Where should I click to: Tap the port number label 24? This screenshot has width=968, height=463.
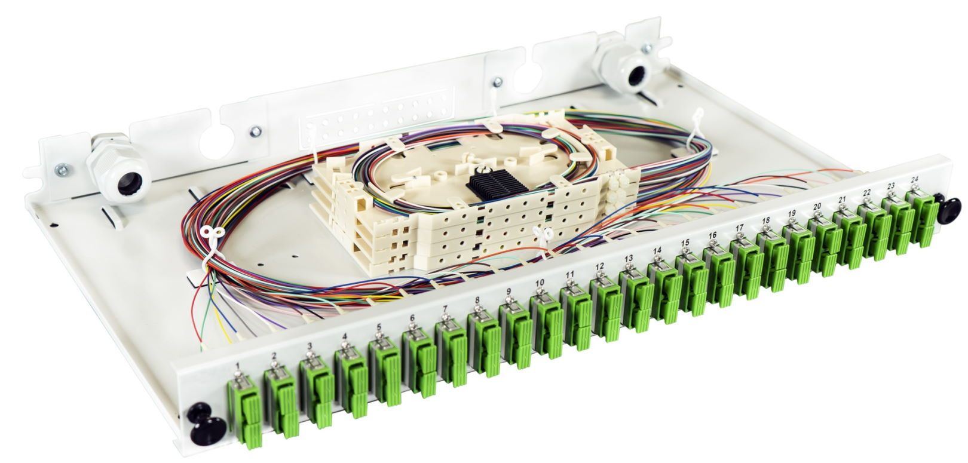[x=914, y=179]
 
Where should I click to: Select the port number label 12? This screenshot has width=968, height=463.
[x=599, y=266]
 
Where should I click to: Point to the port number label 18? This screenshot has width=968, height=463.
[x=766, y=220]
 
